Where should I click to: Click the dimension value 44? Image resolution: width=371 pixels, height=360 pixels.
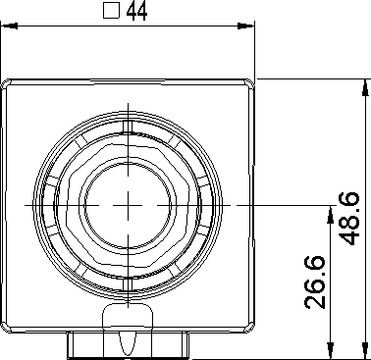(136, 11)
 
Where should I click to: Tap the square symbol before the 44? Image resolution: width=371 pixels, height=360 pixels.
(111, 11)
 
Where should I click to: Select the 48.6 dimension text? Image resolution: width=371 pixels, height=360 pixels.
(349, 219)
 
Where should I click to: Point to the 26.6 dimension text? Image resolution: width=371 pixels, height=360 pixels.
(315, 283)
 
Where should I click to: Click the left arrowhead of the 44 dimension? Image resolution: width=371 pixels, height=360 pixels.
(9, 26)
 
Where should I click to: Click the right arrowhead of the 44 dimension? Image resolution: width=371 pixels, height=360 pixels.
(246, 26)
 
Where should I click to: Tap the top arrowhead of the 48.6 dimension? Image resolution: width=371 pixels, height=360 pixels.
(365, 87)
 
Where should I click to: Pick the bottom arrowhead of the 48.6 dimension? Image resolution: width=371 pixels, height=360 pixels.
(365, 351)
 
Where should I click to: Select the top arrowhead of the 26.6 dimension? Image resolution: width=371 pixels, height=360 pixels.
(331, 214)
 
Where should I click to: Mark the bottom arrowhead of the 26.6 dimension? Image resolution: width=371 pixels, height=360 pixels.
(331, 351)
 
